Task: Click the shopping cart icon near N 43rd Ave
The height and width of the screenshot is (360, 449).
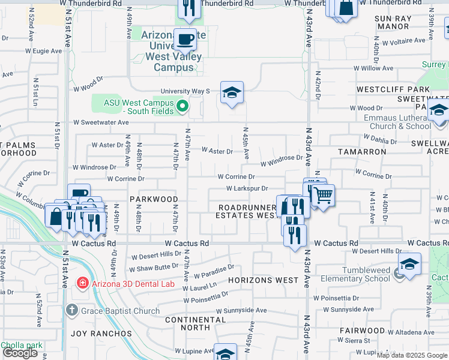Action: pos(324,194)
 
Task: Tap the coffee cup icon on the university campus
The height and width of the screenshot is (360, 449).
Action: pos(186,39)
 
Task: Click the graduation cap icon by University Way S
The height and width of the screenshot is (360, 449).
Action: pos(232,92)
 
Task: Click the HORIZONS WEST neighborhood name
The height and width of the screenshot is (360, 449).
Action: pos(263,280)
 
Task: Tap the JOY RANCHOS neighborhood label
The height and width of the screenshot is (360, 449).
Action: pos(101,333)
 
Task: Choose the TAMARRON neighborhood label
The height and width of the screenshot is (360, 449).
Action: pos(362,152)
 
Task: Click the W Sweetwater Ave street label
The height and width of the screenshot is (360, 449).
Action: pos(101,122)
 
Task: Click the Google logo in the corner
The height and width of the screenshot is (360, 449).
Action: pos(20,353)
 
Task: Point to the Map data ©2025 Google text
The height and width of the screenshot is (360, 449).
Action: pos(411,355)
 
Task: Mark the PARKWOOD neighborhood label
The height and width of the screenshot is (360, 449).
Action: pos(154,199)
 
